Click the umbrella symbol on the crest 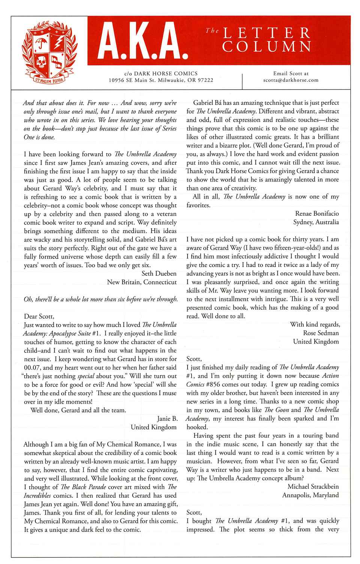pos(39,44)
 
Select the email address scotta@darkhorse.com pos(291,80)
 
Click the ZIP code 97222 pos(205,80)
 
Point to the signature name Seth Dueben pos(159,274)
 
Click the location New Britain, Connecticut pos(142,282)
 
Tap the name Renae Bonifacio pos(317,214)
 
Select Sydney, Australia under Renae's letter pos(316,222)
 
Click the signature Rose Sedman pos(321,333)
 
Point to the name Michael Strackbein pos(313,486)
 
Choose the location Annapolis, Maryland pos(310,495)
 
